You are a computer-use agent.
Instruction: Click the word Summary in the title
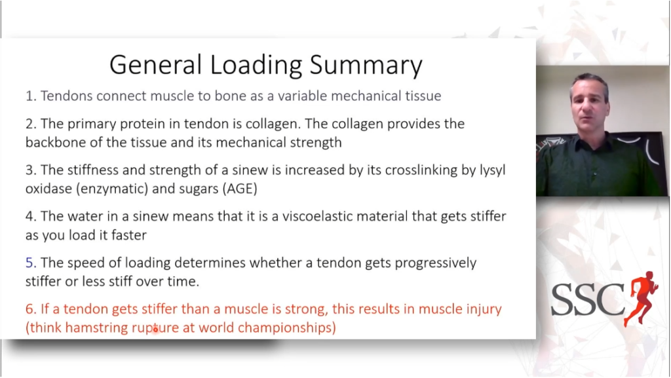click(x=366, y=66)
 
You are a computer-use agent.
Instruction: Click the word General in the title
click(x=156, y=65)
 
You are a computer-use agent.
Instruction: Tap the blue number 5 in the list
click(x=29, y=263)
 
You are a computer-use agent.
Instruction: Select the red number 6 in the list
click(x=29, y=309)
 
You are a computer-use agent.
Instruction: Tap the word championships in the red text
click(x=285, y=328)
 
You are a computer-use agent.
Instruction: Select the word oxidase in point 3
click(x=48, y=189)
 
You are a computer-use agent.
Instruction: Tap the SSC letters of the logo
click(x=588, y=299)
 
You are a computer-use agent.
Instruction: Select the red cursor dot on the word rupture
click(x=155, y=329)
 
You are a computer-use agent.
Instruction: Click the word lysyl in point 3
click(x=492, y=170)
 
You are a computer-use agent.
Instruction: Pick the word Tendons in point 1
click(x=66, y=96)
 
